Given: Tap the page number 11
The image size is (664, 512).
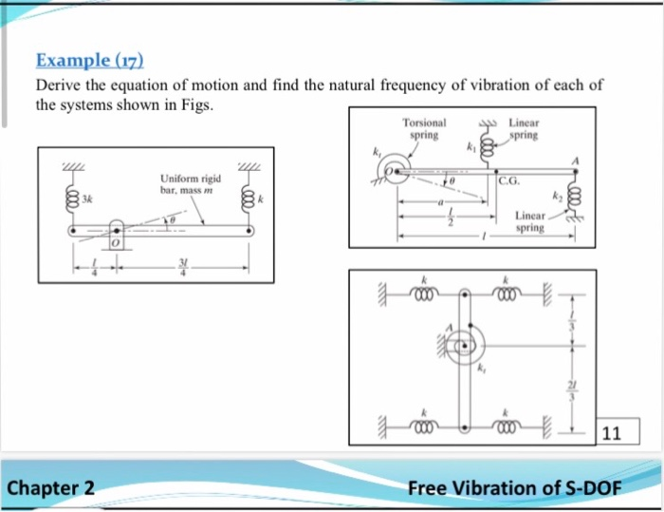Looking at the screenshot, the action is point(612,434).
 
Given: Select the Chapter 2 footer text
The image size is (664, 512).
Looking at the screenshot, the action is point(51,488).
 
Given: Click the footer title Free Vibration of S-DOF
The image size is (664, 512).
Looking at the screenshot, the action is point(514,488).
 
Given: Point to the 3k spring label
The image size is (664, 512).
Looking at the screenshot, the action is point(86,199).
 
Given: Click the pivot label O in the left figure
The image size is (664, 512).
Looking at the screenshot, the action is point(112,244).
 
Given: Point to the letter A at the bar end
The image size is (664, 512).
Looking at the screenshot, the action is point(575,160).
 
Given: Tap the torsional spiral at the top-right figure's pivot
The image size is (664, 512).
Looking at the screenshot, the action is point(390,172).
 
